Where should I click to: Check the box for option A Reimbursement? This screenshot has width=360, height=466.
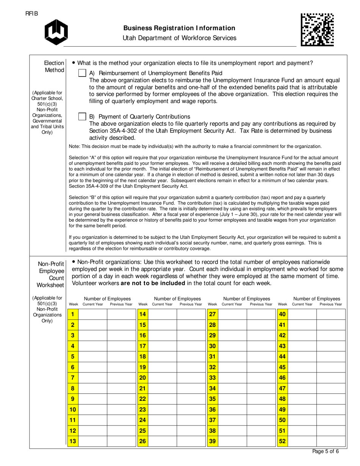coord(82,73)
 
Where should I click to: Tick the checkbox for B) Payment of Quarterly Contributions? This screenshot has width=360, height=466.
coord(82,117)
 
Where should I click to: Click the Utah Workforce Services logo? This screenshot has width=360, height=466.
coord(56,32)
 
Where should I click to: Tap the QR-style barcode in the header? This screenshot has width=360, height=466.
coord(317,30)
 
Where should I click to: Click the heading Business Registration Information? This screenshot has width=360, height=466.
coord(179,28)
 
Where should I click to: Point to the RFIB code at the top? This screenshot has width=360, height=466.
coord(32,14)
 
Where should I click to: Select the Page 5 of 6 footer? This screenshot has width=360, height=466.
coord(326,451)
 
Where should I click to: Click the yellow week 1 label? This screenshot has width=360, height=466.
coord(72,314)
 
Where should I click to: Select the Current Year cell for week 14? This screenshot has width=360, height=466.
coord(163,314)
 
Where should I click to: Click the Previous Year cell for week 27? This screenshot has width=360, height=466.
coord(261,314)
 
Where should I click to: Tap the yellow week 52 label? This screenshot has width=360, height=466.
coord(282,441)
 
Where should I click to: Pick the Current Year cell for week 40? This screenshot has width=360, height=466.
coord(302,314)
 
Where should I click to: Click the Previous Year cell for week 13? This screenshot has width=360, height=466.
coord(121,441)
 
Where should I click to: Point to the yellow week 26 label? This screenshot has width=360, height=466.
coord(142,441)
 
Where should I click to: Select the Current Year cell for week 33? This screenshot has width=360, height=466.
coord(232,378)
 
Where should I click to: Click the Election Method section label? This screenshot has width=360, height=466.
coord(54,66)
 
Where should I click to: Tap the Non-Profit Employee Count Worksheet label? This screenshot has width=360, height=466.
coord(50,274)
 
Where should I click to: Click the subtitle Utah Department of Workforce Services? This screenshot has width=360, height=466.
coord(179,38)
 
